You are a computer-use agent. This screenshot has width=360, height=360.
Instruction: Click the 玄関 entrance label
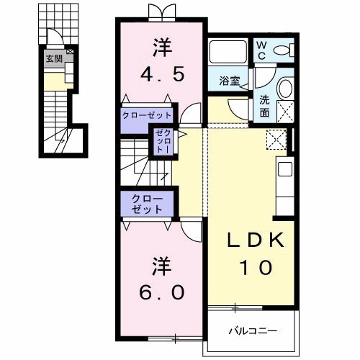(x=54, y=59)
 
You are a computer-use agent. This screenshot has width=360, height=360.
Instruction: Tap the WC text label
(x=261, y=50)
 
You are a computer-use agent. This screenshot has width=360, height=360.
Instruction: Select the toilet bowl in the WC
(x=282, y=50)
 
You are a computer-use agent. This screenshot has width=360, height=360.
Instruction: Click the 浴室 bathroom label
(x=229, y=81)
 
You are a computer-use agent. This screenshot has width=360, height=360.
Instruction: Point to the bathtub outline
(x=228, y=51)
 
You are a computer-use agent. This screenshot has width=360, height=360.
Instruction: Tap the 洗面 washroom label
(x=264, y=107)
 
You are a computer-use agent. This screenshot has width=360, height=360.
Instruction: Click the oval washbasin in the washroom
(x=285, y=88)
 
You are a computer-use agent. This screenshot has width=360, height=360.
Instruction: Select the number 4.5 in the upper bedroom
(x=163, y=74)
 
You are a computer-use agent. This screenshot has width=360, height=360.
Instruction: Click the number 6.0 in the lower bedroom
(x=162, y=292)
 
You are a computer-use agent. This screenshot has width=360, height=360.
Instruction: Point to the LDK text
(x=256, y=240)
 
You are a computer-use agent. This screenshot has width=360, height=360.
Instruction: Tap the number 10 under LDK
(x=256, y=267)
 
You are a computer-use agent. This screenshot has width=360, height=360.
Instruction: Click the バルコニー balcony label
(x=253, y=331)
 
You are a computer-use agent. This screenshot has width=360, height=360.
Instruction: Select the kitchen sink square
(x=285, y=169)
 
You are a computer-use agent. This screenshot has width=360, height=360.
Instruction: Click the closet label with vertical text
(x=163, y=141)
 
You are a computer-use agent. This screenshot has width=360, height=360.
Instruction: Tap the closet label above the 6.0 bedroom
(x=147, y=204)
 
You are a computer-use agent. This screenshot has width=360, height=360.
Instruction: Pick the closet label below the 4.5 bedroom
(x=147, y=115)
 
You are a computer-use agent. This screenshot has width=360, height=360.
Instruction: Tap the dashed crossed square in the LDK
(x=276, y=140)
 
